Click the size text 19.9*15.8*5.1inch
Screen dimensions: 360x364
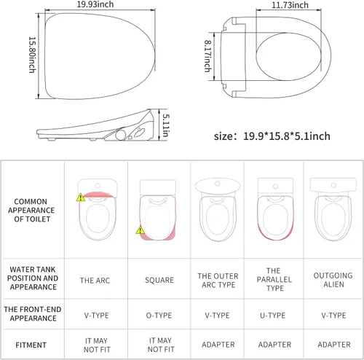(x=272, y=136)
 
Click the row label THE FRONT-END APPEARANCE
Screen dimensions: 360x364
(x=33, y=315)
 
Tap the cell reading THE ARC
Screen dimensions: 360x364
(x=95, y=280)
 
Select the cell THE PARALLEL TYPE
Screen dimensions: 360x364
(x=274, y=280)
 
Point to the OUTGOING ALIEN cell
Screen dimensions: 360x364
(x=333, y=280)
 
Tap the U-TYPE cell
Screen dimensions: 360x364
(x=274, y=316)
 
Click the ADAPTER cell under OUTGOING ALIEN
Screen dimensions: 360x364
(x=333, y=343)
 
